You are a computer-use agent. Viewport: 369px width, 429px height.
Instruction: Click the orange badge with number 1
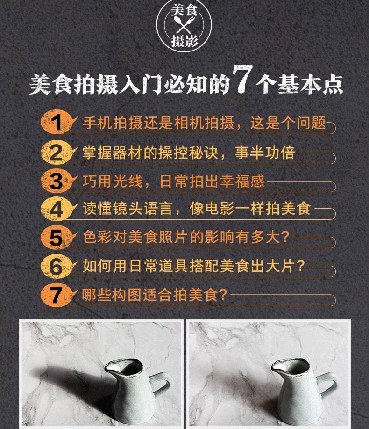[x=57, y=122]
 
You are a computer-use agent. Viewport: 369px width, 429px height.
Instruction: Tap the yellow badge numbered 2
[x=57, y=152]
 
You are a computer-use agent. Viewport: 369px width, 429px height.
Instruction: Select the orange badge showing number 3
[x=57, y=181]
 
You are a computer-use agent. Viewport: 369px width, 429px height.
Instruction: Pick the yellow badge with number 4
[x=57, y=209]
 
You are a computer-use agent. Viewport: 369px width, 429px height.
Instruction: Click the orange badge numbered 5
[x=57, y=238]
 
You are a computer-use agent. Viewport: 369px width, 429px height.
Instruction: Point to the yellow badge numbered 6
[x=57, y=266]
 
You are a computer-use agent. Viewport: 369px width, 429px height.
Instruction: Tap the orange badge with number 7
[x=57, y=295]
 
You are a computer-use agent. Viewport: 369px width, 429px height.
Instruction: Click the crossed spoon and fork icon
[x=184, y=25]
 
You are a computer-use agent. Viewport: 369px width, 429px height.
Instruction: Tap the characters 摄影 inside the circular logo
[x=184, y=41]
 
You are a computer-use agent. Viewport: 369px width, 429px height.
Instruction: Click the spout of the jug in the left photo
[x=110, y=366]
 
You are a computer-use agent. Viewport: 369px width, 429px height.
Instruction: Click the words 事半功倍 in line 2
[x=265, y=153]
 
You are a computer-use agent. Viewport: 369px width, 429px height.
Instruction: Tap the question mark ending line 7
[x=223, y=295]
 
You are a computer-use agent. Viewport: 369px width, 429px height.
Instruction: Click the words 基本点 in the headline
[x=310, y=84]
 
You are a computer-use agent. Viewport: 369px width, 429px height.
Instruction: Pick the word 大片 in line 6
[x=280, y=266]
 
